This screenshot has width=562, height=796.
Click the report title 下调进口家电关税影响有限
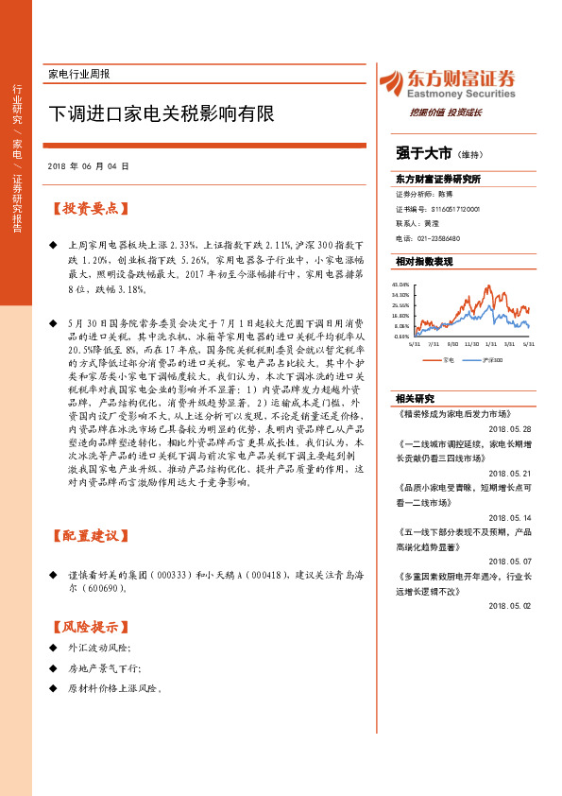162,114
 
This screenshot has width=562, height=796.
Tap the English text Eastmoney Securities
461,95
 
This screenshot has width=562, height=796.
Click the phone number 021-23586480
437,238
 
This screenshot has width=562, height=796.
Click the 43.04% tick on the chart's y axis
401,284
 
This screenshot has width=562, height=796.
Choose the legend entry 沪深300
491,359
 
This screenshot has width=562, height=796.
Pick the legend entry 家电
447,359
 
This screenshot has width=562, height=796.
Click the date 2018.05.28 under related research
511,401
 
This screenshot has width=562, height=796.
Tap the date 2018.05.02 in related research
511,605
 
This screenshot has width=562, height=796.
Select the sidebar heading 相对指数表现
424,261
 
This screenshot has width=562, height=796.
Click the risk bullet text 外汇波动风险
99,648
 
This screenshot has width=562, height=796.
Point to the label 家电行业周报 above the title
78,74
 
